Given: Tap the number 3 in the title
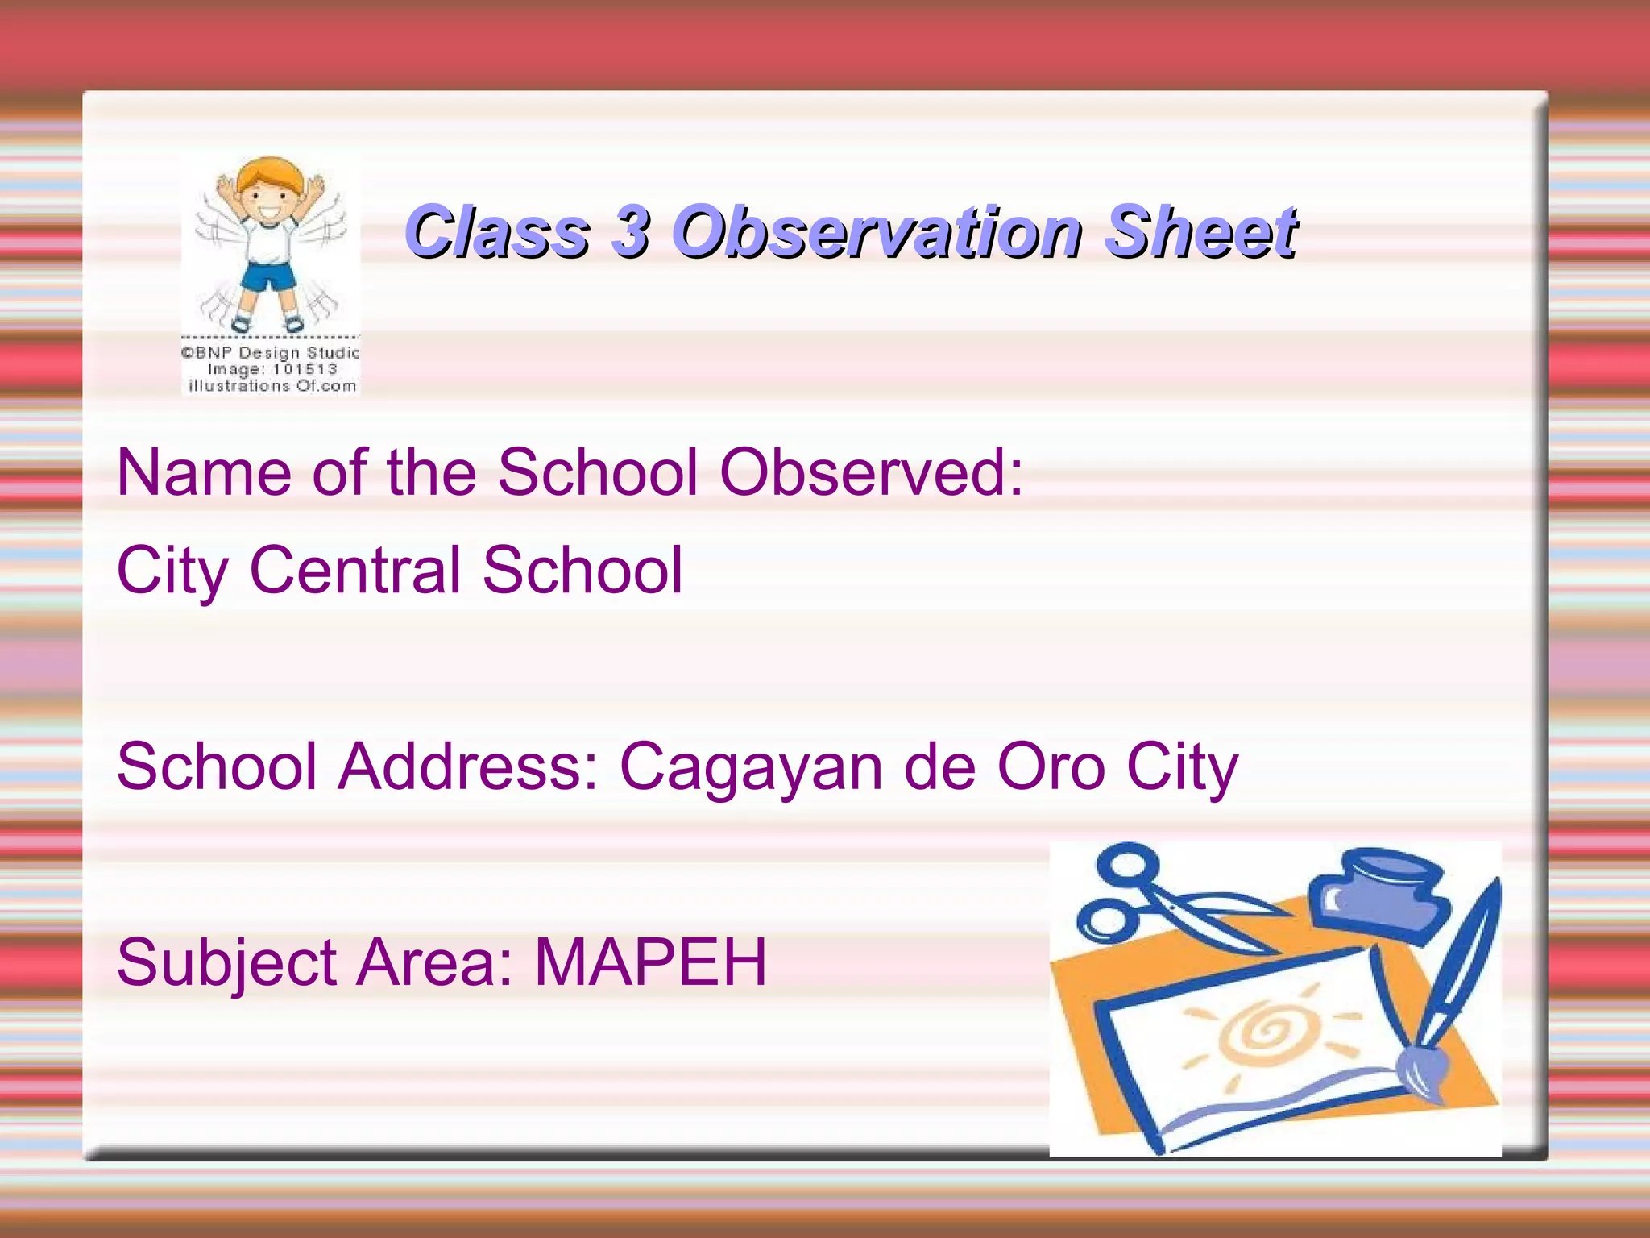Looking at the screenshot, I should tap(630, 232).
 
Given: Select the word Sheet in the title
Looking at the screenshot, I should tap(1200, 232).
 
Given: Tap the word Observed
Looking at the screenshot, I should tap(870, 472).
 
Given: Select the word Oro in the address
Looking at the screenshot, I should tap(1050, 766).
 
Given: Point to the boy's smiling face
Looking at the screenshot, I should tap(270, 201).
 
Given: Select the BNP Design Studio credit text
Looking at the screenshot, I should tap(271, 353).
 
